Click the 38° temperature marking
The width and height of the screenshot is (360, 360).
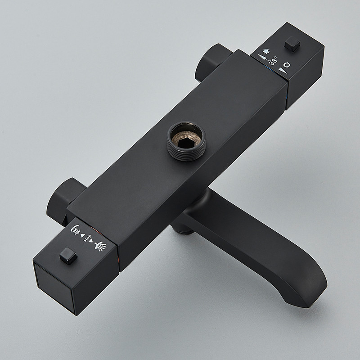tap(273, 60)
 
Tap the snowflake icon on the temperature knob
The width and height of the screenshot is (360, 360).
tap(266, 51)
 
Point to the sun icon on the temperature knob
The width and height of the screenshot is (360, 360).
tap(287, 65)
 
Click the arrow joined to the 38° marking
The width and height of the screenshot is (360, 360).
tap(264, 58)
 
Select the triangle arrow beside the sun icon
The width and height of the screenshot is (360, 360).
tap(283, 71)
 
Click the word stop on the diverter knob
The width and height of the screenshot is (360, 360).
tap(87, 238)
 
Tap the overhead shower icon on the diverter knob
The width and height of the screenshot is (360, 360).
tap(100, 246)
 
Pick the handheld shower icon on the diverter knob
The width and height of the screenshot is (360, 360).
tap(75, 230)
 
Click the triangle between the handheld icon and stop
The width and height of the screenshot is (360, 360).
tap(82, 235)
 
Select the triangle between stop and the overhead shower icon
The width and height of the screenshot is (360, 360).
tap(91, 241)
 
